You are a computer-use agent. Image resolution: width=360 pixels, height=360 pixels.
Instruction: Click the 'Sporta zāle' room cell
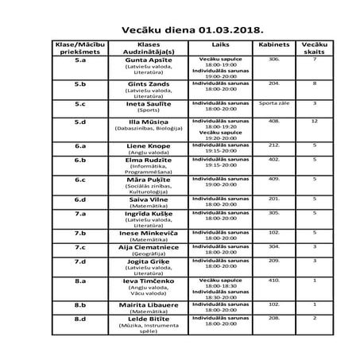pos(274,103)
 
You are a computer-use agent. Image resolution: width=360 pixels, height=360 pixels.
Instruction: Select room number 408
pos(274,122)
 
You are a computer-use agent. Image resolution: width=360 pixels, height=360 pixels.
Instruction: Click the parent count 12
pos(315,122)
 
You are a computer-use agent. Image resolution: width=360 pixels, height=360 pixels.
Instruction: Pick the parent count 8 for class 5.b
pos(315,83)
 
